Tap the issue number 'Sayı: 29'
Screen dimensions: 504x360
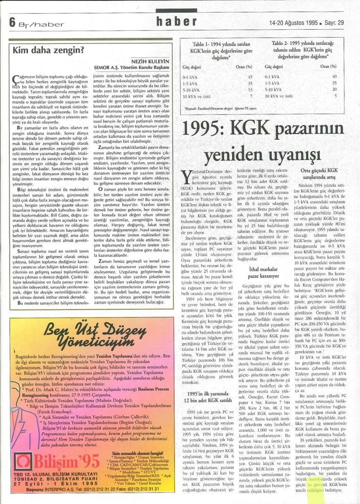pyautogui.click(x=334, y=22)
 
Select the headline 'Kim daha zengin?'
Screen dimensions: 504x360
pyautogui.click(x=48, y=49)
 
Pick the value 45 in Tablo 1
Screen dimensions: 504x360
pyautogui.click(x=250, y=76)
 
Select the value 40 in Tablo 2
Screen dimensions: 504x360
pyautogui.click(x=334, y=76)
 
